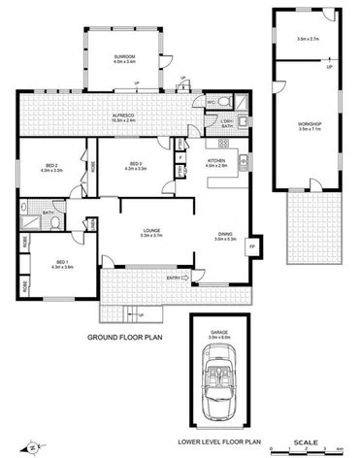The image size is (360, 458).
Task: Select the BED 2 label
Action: [51, 165]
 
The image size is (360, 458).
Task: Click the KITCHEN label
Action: [216, 161]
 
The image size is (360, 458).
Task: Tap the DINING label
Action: [224, 233]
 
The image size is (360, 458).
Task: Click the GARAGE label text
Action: [219, 331]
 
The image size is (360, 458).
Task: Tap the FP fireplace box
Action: [254, 246]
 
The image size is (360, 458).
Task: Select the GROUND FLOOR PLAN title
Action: [124, 337]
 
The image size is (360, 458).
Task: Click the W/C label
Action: [211, 101]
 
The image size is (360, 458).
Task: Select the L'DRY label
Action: [224, 121]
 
